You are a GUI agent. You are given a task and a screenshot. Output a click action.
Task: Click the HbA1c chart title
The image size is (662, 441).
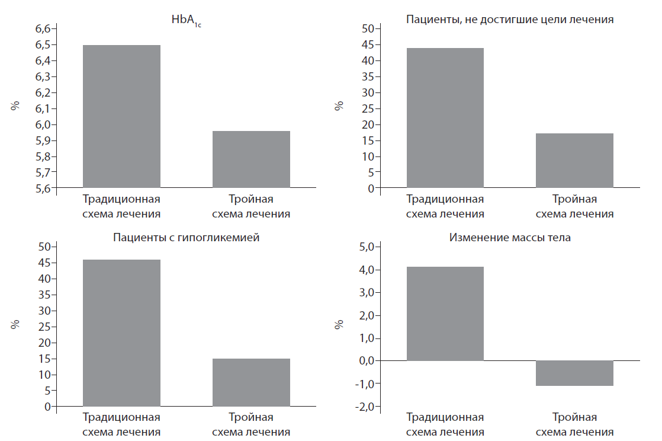tap(187, 20)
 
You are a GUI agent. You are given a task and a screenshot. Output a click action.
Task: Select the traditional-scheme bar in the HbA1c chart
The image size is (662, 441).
tap(121, 116)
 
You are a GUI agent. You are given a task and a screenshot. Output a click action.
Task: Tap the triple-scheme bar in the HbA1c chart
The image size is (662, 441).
tap(251, 159)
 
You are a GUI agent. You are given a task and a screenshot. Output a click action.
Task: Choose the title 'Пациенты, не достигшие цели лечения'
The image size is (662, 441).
tap(509, 19)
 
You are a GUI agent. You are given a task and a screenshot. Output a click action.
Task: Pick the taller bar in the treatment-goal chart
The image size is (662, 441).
tap(445, 118)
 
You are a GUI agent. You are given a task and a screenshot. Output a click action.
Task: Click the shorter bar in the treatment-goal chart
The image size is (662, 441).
tap(574, 161)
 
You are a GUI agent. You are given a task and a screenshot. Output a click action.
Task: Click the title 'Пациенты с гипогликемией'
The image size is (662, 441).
tap(186, 238)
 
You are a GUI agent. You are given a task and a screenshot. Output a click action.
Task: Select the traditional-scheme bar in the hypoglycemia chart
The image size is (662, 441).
tap(121, 333)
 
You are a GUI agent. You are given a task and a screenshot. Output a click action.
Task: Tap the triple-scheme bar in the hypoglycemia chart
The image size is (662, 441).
tap(251, 382)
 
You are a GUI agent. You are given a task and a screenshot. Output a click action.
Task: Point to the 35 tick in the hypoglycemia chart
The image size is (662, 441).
tap(46, 295)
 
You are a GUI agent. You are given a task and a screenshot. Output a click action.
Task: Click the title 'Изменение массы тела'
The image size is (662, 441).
tap(509, 238)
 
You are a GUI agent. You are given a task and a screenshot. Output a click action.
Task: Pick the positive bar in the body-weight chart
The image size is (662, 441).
tap(445, 314)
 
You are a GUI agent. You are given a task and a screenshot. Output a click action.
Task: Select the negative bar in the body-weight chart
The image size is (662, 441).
tap(574, 373)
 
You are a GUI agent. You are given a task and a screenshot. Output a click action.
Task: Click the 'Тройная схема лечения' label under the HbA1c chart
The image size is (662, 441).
tap(251, 206)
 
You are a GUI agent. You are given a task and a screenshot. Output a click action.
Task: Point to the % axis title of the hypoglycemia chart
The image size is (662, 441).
tap(15, 325)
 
